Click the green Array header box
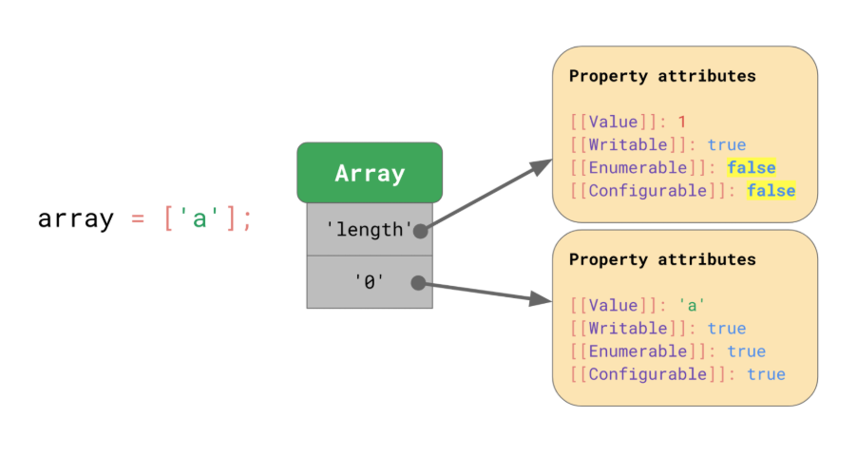pyautogui.click(x=370, y=173)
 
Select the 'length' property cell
pyautogui.click(x=370, y=230)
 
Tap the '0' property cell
pyautogui.click(x=370, y=282)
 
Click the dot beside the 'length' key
pyautogui.click(x=420, y=231)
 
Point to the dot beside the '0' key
pyautogui.click(x=418, y=283)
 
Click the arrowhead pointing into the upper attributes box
pyautogui.click(x=542, y=166)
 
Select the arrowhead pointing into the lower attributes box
pyautogui.click(x=541, y=299)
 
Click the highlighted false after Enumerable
pyautogui.click(x=752, y=168)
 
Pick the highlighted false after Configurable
pyautogui.click(x=771, y=191)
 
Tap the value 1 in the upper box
pyautogui.click(x=682, y=122)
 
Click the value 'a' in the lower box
pyautogui.click(x=692, y=305)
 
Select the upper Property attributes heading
pyautogui.click(x=662, y=76)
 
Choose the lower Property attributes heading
pyautogui.click(x=662, y=259)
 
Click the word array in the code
pyautogui.click(x=75, y=219)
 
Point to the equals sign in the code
pyautogui.click(x=138, y=219)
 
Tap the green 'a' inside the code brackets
pyautogui.click(x=200, y=219)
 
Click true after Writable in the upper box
pyautogui.click(x=727, y=144)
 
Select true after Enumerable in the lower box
pyautogui.click(x=747, y=351)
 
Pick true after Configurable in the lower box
pyautogui.click(x=767, y=374)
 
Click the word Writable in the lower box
pyautogui.click(x=628, y=329)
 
